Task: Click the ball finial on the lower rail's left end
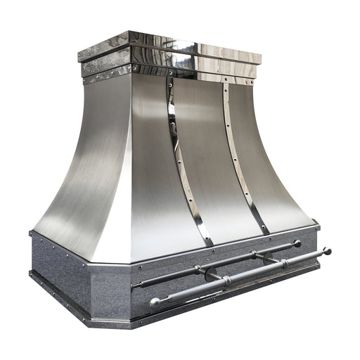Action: [x=155, y=302]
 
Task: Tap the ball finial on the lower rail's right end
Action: [x=326, y=250]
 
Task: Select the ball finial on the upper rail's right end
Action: [x=297, y=243]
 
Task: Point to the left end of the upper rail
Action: [x=135, y=285]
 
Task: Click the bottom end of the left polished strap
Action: [x=209, y=243]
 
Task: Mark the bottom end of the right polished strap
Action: [x=264, y=229]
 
